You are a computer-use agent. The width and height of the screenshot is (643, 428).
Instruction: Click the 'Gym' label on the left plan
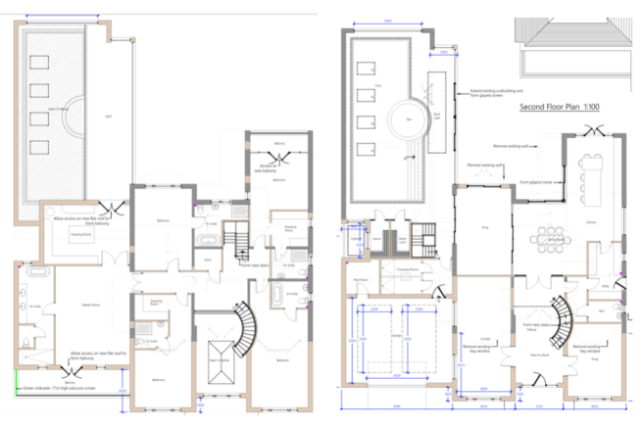tap(109, 117)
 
